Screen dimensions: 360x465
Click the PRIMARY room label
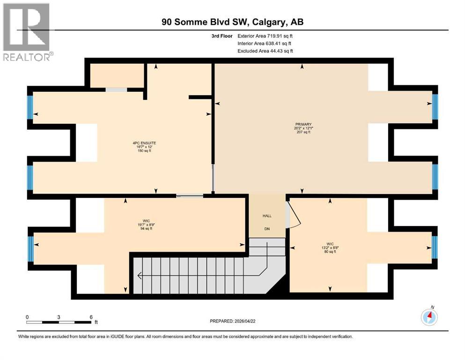pos(303,124)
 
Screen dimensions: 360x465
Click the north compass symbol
pos(429,317)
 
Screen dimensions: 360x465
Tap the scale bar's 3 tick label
pos(59,317)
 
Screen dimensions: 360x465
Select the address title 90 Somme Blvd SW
pos(232,22)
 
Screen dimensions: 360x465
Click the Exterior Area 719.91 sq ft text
pos(266,36)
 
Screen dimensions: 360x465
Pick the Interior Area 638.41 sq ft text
pos(266,43)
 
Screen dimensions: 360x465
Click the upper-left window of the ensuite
pos(30,107)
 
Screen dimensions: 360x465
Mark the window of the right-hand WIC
pos(435,247)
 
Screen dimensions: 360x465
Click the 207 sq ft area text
pos(303,133)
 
